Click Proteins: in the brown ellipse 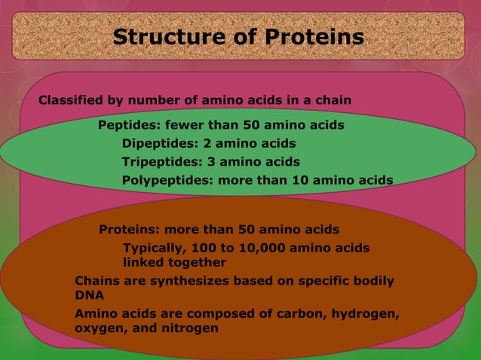(x=129, y=229)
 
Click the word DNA (x=89, y=296)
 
